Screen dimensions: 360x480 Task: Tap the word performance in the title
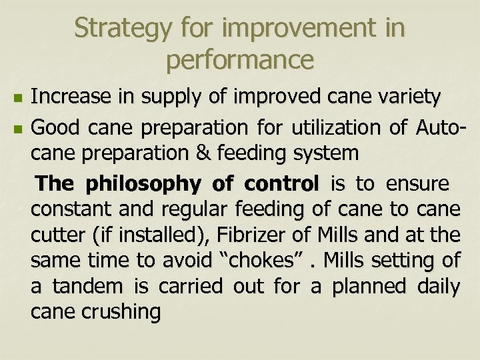coord(240,61)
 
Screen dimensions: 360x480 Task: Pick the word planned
coord(365,287)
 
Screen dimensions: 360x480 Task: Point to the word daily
coord(438,287)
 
